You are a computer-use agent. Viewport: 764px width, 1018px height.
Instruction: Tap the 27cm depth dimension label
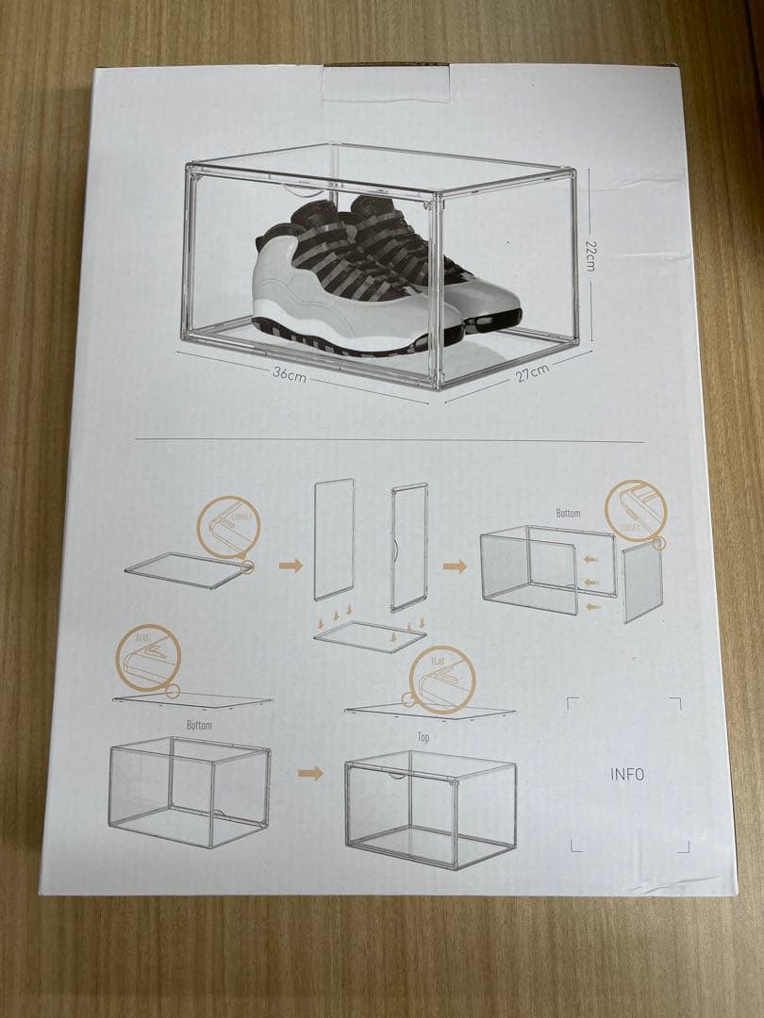(531, 373)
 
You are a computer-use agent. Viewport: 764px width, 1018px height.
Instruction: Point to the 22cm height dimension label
(590, 254)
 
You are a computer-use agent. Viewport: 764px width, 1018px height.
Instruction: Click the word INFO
(627, 775)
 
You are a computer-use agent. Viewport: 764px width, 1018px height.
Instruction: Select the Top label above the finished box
(424, 738)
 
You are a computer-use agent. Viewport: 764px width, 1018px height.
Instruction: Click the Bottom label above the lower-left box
(199, 726)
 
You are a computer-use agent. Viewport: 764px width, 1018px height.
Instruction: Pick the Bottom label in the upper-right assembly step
(568, 514)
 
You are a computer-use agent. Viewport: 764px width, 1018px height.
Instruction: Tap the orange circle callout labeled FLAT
(442, 679)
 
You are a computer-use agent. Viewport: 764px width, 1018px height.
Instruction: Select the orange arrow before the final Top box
(310, 774)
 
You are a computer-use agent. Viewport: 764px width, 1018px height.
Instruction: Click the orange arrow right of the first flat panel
(291, 566)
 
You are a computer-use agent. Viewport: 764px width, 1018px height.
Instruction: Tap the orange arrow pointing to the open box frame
(456, 566)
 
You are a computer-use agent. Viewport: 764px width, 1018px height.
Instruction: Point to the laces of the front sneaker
(330, 250)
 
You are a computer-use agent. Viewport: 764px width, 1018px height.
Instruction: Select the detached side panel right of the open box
(642, 583)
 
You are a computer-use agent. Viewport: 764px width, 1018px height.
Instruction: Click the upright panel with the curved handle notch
(408, 547)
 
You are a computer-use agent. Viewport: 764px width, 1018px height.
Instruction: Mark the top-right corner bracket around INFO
(675, 702)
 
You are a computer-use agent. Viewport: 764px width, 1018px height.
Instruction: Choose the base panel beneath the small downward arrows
(371, 636)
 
